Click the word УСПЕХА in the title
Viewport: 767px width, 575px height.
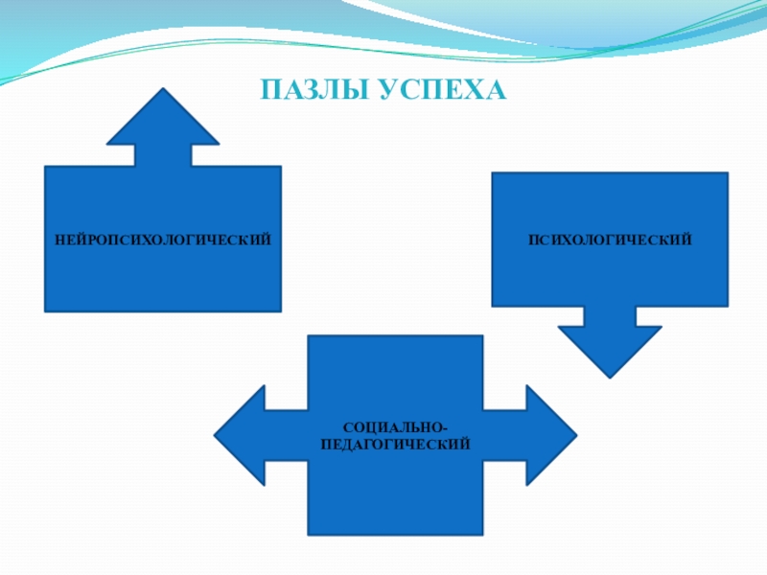pos(440,91)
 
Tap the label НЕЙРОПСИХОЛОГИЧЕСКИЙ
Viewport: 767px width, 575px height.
pos(162,238)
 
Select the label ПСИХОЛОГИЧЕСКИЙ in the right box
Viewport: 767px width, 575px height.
pos(610,238)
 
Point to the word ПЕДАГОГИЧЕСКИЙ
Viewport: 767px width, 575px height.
pos(395,445)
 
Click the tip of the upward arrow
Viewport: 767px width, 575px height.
pos(163,91)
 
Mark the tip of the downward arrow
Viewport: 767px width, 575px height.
pos(609,375)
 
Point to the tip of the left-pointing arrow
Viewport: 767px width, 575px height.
pos(216,435)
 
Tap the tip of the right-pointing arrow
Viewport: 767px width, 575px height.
pos(575,435)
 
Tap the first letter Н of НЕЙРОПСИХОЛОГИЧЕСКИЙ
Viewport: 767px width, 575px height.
pos(59,238)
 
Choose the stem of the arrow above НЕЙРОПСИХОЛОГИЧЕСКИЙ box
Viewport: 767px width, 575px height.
pos(163,155)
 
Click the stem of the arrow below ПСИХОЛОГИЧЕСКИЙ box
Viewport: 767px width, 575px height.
pos(609,316)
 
